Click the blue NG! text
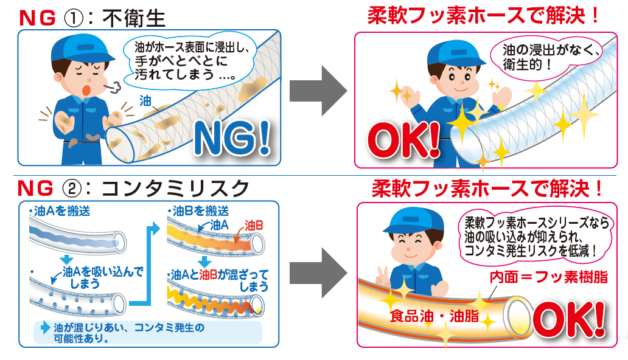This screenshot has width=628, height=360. tap(232, 138)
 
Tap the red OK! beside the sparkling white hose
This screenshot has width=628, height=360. tap(403, 140)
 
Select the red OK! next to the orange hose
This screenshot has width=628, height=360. tap(569, 319)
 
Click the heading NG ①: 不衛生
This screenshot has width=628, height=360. tap(92, 18)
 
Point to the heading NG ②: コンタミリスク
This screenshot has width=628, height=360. tap(133, 188)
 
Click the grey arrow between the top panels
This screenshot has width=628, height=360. tap(318, 91)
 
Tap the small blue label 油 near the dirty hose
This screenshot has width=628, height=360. tap(145, 101)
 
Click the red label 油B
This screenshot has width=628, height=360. tap(254, 226)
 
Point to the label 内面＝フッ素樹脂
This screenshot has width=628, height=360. tap(549, 277)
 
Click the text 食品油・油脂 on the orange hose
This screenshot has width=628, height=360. tap(434, 316)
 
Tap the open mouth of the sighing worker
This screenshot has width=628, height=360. tap(86, 90)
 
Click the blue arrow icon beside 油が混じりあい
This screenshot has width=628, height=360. tap(45, 328)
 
